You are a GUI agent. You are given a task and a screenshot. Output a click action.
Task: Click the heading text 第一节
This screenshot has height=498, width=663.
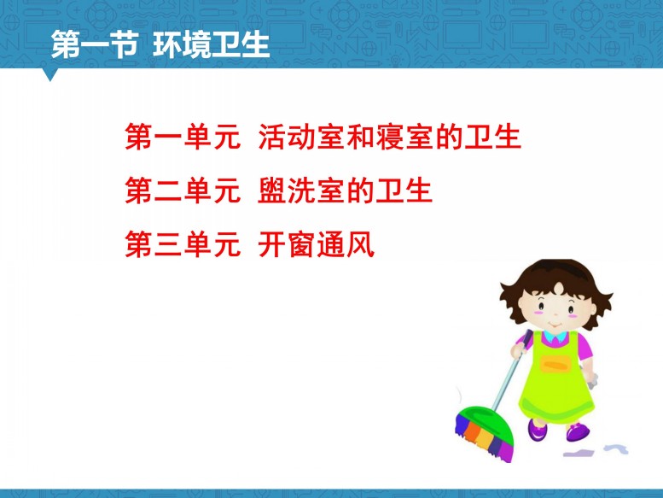pyautogui.click(x=95, y=44)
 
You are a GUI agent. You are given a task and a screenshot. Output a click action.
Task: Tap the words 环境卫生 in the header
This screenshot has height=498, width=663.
pyautogui.click(x=211, y=44)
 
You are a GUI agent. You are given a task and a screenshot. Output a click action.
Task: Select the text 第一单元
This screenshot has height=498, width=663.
pyautogui.click(x=183, y=137)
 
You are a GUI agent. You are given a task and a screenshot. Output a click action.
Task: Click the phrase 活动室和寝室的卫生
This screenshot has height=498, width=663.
pyautogui.click(x=389, y=137)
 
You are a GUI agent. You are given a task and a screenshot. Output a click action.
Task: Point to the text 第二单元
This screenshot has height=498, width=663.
pyautogui.click(x=183, y=190)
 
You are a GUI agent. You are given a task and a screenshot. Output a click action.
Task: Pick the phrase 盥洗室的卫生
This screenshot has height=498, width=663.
pyautogui.click(x=345, y=190)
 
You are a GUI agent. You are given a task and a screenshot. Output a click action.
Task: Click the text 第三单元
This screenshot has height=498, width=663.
pyautogui.click(x=183, y=244)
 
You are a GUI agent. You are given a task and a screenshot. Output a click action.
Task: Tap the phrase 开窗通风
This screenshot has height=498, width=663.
pyautogui.click(x=317, y=244)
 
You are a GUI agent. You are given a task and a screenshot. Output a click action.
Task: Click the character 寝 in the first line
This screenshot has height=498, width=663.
pyautogui.click(x=390, y=137)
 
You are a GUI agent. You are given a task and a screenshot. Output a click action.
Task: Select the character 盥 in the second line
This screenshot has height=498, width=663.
pyautogui.click(x=272, y=190)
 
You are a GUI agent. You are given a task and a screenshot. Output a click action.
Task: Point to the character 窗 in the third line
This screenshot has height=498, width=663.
pyautogui.click(x=302, y=244)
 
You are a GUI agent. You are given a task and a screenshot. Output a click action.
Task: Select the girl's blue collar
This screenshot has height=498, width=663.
pyautogui.click(x=555, y=337)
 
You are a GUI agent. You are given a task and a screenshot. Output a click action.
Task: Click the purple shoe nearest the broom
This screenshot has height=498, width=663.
pyautogui.click(x=537, y=429)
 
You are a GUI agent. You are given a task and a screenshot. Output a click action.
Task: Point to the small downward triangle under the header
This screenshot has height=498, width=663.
pyautogui.click(x=50, y=75)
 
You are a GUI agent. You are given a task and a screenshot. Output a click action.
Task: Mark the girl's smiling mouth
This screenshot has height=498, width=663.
pyautogui.click(x=555, y=325)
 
